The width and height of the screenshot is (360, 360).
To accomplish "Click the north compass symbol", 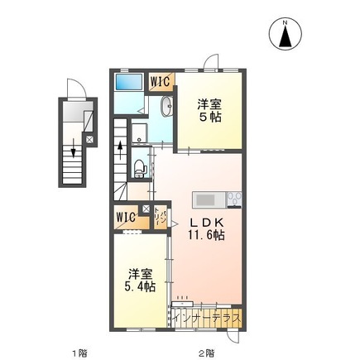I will click(x=286, y=34).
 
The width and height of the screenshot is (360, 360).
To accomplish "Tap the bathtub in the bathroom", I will click(x=129, y=82).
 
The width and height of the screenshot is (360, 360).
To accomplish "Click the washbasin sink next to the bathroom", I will click(x=165, y=106).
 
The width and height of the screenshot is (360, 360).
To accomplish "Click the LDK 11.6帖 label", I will click(x=209, y=228).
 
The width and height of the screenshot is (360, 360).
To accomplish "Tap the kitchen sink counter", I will click(x=207, y=199).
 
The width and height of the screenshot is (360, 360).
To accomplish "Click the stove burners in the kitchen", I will click(x=232, y=199).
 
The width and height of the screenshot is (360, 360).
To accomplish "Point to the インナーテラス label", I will click(x=208, y=316).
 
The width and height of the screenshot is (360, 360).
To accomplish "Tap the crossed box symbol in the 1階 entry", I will click(x=89, y=141).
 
